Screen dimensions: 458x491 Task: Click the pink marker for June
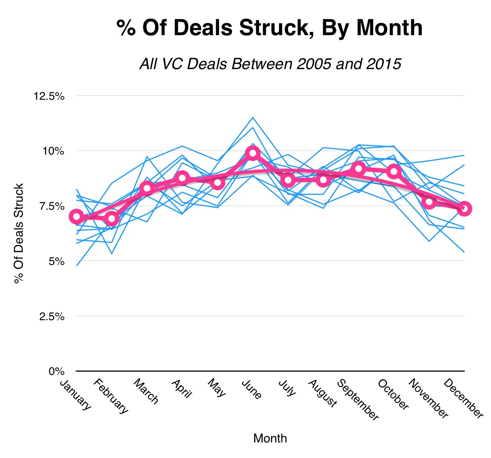(x=252, y=153)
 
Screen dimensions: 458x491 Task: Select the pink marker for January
(x=77, y=217)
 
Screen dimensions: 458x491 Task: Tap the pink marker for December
(x=464, y=209)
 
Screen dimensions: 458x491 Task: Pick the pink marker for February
(x=112, y=219)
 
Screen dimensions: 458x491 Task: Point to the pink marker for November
(x=429, y=202)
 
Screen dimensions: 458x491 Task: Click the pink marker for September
(x=358, y=168)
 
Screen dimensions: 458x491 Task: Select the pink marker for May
(x=218, y=182)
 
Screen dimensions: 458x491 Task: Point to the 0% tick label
(x=56, y=371)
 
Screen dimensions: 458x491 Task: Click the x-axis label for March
(x=146, y=391)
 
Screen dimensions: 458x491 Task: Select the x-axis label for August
(x=322, y=393)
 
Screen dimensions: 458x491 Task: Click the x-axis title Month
(x=270, y=439)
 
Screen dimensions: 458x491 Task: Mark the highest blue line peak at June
(x=252, y=117)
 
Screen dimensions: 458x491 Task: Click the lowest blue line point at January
(x=77, y=266)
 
